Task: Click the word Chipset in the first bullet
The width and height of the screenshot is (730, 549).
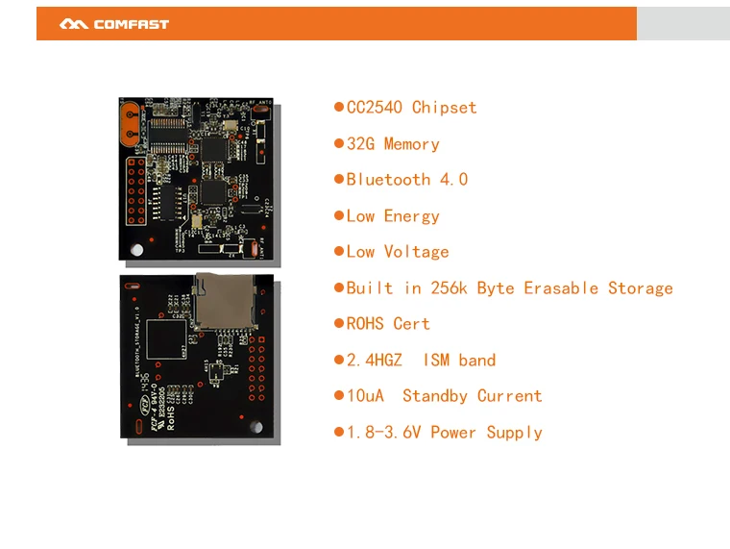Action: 444,108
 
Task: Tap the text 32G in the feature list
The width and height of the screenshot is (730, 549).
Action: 360,144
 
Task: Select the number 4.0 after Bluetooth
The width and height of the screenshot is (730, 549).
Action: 453,180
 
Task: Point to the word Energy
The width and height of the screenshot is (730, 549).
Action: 411,216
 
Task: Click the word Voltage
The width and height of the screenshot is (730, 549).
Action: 416,252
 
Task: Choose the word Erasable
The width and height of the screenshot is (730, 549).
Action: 561,288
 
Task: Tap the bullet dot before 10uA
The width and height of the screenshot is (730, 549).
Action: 338,396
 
